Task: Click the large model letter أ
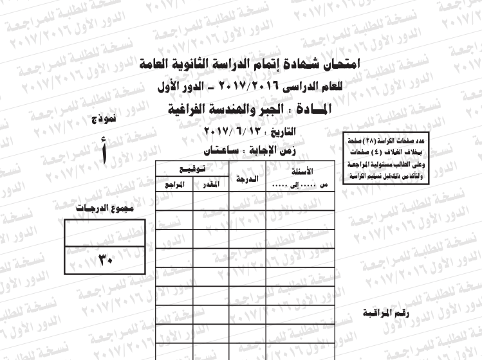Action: point(105,154)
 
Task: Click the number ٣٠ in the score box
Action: point(105,260)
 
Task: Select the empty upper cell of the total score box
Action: point(105,233)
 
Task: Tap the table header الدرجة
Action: point(248,179)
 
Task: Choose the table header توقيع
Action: point(192,169)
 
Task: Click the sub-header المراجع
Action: point(174,184)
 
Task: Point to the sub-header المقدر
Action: point(211,184)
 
